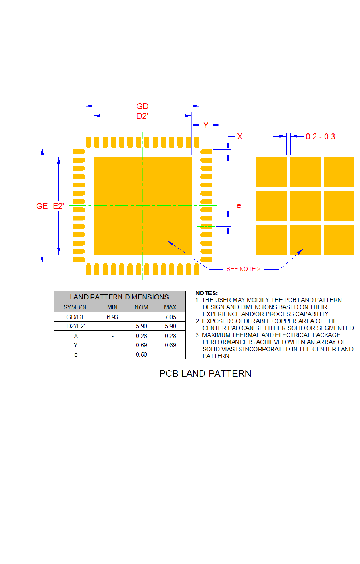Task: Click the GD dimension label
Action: [x=142, y=106]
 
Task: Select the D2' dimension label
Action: [x=142, y=116]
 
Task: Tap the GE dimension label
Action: [x=42, y=206]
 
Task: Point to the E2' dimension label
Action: [x=58, y=206]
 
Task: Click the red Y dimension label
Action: [x=206, y=125]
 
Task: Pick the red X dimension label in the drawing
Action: [x=239, y=137]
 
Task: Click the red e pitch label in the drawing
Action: [x=239, y=206]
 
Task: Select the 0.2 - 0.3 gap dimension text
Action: [x=320, y=137]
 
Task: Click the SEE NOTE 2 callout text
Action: [x=243, y=269]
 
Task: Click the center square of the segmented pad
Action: [x=305, y=206]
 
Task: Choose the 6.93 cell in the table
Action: [x=112, y=317]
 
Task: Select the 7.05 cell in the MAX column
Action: [x=170, y=317]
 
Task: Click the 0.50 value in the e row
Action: [x=141, y=355]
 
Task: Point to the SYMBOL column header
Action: [x=76, y=307]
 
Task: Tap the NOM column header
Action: [x=141, y=307]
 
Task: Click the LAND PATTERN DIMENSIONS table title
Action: [x=119, y=297]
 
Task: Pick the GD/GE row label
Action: [x=76, y=317]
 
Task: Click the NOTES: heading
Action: [x=206, y=293]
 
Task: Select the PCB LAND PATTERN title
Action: [x=205, y=374]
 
